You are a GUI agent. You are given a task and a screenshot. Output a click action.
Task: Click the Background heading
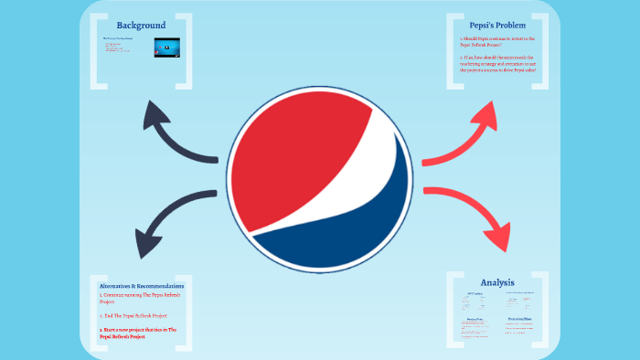pyautogui.click(x=141, y=25)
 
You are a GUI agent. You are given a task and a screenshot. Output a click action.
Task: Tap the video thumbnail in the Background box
pyautogui.click(x=166, y=47)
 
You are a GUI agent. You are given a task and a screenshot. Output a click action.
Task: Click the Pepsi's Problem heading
pyautogui.click(x=497, y=25)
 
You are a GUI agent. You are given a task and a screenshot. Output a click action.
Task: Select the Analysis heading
pyautogui.click(x=497, y=282)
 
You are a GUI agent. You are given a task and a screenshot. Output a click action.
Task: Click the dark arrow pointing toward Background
pyautogui.click(x=174, y=132)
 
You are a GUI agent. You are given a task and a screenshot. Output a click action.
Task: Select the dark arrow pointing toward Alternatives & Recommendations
pyautogui.click(x=169, y=219)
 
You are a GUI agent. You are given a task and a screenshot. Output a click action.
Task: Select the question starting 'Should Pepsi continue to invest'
pyautogui.click(x=497, y=42)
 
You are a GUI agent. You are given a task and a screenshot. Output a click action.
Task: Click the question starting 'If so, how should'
pyautogui.click(x=497, y=64)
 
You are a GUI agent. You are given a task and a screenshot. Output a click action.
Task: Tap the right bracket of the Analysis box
pyautogui.click(x=545, y=311)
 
